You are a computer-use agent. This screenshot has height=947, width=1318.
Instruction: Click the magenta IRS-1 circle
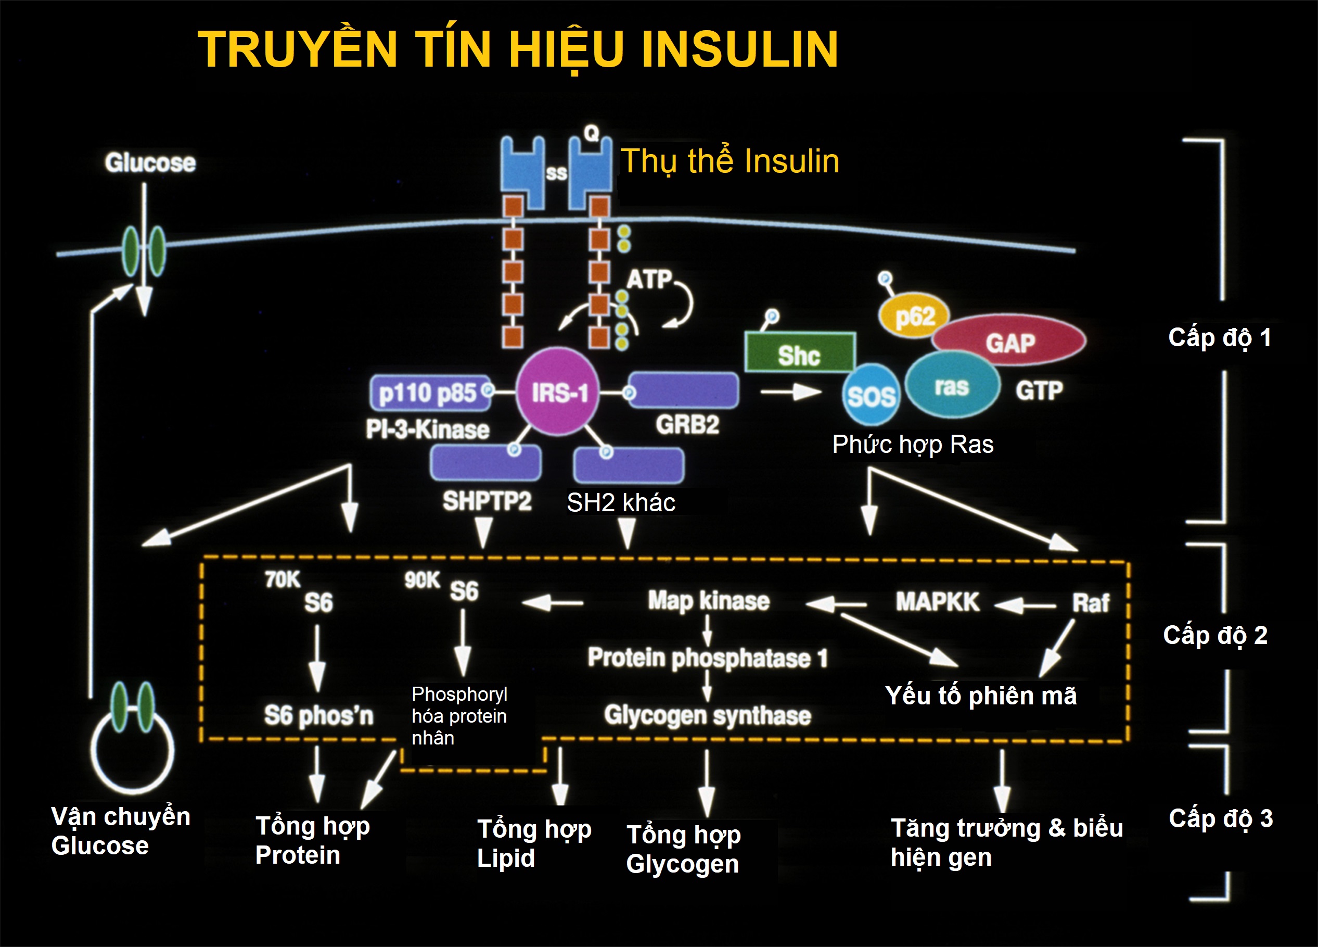tap(558, 392)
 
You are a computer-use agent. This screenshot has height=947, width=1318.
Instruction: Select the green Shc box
tap(800, 353)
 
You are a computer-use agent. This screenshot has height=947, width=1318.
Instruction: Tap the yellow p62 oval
tap(914, 316)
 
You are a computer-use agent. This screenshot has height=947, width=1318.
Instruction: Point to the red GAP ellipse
tap(1010, 341)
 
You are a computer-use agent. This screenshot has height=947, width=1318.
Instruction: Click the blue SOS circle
tap(871, 395)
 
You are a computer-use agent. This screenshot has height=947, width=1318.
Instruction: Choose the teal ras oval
tap(952, 385)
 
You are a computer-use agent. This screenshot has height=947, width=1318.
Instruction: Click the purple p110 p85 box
tap(428, 393)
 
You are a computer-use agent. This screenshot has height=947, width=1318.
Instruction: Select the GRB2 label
tap(687, 424)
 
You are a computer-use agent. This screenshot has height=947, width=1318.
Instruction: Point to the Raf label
tap(1090, 603)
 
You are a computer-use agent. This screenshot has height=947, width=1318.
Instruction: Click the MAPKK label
tap(937, 602)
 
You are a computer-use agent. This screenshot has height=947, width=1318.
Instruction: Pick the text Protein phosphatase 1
tap(707, 658)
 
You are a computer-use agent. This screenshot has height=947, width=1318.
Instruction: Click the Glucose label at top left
tap(150, 163)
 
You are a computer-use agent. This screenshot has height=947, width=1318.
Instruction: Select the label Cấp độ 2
tap(1215, 635)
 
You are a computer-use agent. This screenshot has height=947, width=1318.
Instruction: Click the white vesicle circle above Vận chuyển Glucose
tap(133, 751)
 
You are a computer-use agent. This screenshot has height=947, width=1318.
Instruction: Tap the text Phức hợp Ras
tap(912, 444)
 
